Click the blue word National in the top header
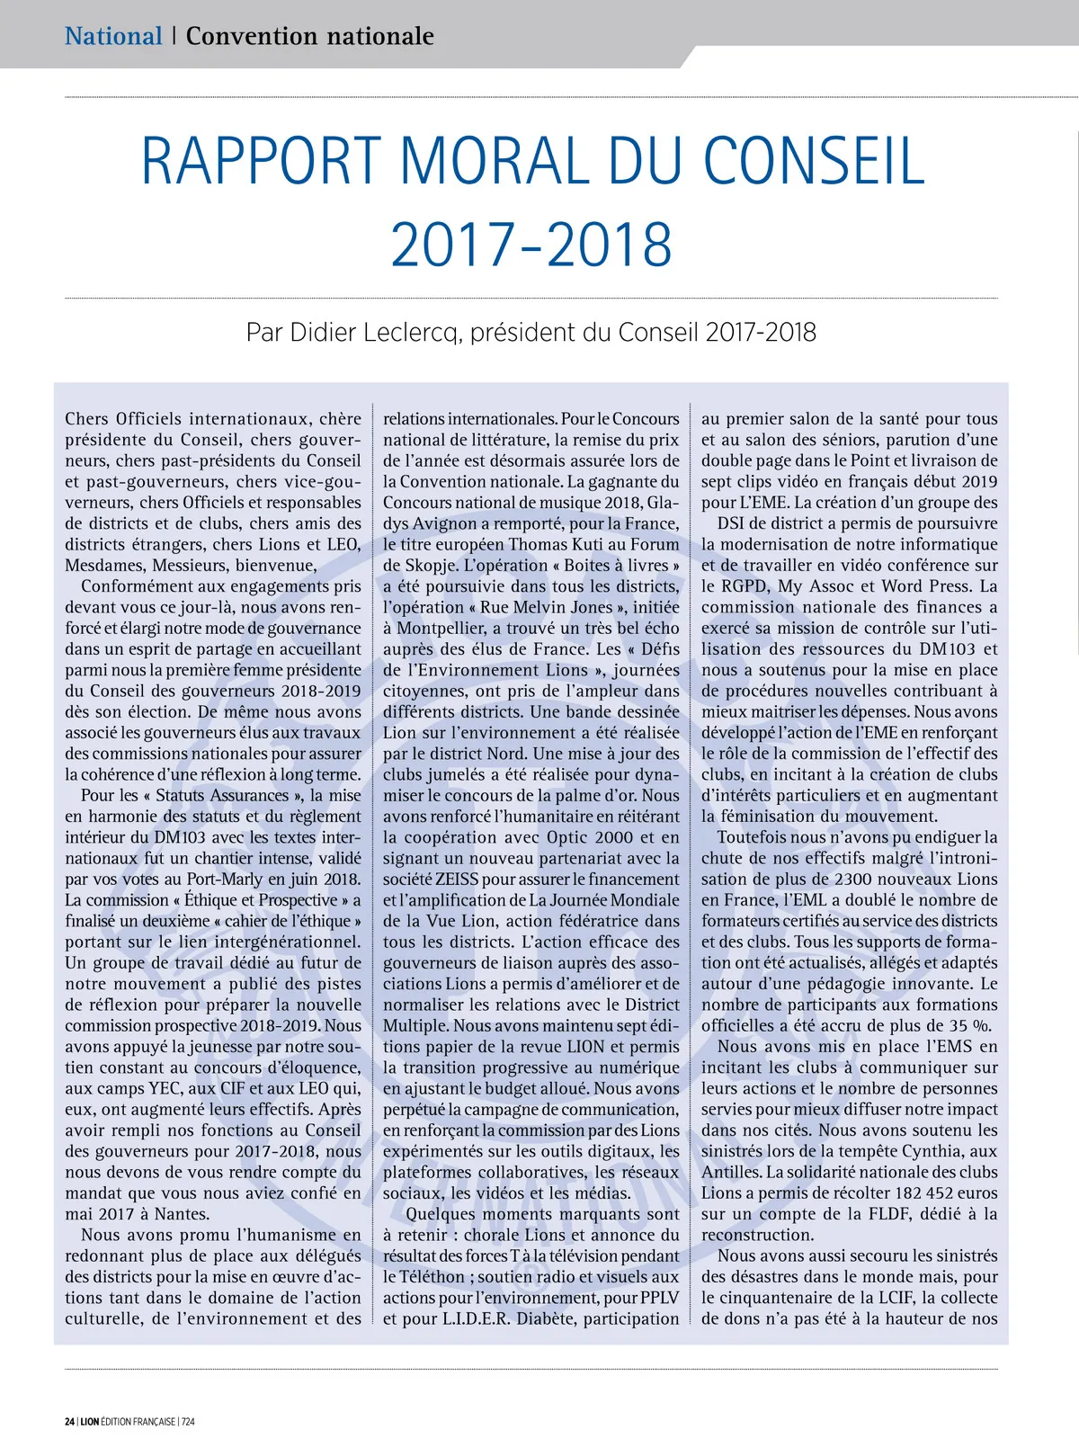click(113, 36)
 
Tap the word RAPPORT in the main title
click(262, 162)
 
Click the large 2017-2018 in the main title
click(531, 245)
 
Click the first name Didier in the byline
click(323, 333)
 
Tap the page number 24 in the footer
click(69, 1422)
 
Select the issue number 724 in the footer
click(188, 1422)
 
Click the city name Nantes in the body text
click(183, 1215)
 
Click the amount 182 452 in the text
click(933, 1193)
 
